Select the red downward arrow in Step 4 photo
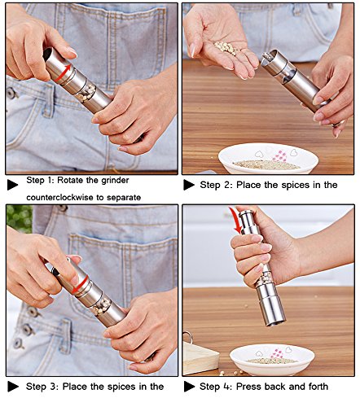pos(235,220)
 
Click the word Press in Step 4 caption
pos(248,386)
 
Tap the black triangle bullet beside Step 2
pos(189,185)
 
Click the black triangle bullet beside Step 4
pos(189,387)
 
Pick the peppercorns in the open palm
pos(225,48)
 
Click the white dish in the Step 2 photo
pos(268,158)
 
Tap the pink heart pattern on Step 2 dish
pos(280,156)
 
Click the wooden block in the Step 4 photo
pos(200,357)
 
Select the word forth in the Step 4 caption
pos(318,386)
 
